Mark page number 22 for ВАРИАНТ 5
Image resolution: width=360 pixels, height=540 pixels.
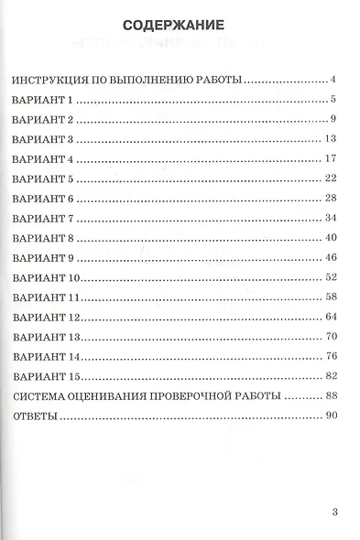(x=332, y=178)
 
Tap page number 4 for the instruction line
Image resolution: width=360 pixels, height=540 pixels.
(x=335, y=80)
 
